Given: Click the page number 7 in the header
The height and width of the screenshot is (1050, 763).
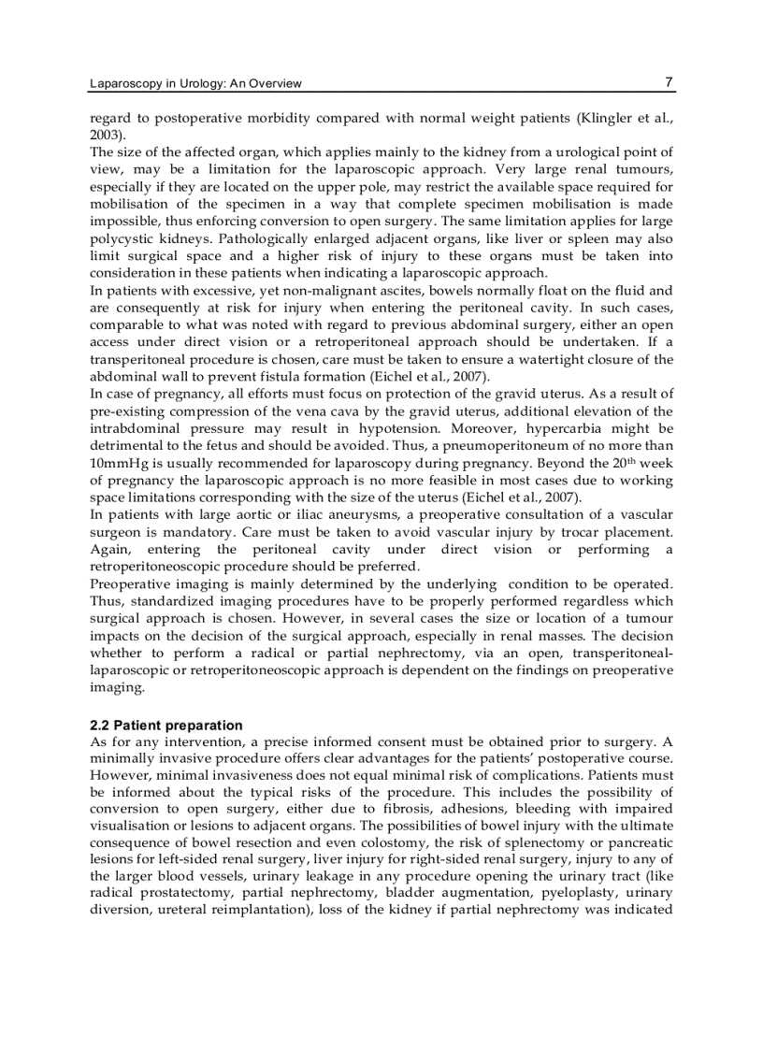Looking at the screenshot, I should coord(669,82).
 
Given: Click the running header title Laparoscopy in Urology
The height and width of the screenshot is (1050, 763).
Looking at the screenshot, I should coord(195,84).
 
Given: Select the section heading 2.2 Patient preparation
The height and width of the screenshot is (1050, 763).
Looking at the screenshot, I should coord(166,726).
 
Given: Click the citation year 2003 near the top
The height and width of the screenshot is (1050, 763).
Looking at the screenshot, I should coord(103,135).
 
